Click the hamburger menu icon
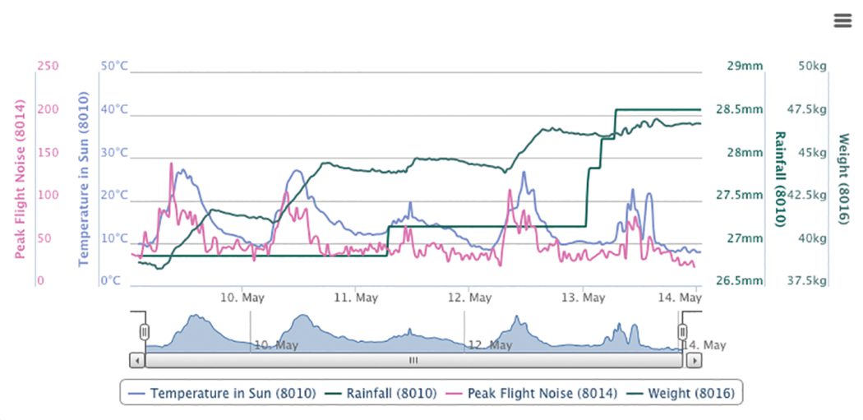[x=842, y=21]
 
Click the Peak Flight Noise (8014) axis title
[x=21, y=179]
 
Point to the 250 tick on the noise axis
[x=48, y=66]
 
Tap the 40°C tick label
[x=114, y=109]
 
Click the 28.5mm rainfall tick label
[x=741, y=109]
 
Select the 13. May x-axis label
[x=583, y=298]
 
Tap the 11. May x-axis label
[x=356, y=298]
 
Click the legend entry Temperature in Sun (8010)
[x=224, y=393]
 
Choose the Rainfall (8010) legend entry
[x=383, y=393]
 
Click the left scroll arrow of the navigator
[x=137, y=360]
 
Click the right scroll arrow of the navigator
[x=695, y=360]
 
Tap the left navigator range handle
[x=145, y=331]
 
